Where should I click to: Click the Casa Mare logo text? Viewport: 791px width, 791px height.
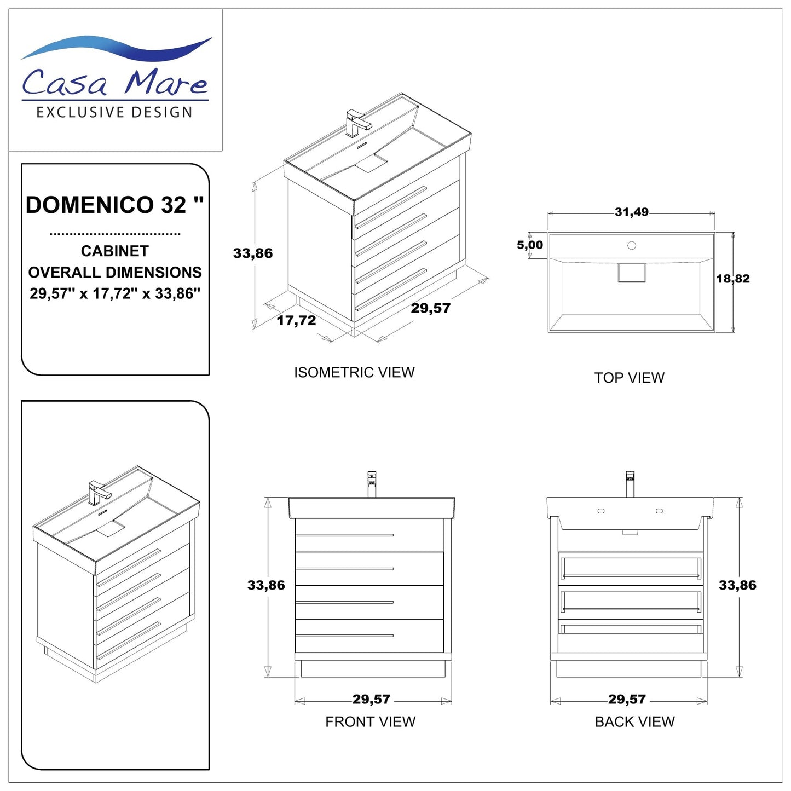[x=115, y=82]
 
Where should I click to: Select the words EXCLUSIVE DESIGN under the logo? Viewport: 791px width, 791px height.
[x=114, y=113]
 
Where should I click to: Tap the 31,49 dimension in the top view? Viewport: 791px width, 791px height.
[x=631, y=212]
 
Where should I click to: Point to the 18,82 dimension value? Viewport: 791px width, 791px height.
[x=733, y=279]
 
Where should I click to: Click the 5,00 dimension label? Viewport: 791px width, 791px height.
[x=529, y=245]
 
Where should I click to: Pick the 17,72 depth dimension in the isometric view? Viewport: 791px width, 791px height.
[x=296, y=320]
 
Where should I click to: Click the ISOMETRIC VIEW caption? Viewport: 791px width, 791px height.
[x=354, y=372]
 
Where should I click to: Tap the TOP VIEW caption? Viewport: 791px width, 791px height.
[x=629, y=378]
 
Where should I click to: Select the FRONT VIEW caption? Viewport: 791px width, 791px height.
[x=370, y=721]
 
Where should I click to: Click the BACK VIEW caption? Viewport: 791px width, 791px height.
[x=634, y=721]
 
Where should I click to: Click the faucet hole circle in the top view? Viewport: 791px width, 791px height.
[x=631, y=246]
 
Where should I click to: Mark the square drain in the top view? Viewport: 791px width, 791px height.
[x=631, y=273]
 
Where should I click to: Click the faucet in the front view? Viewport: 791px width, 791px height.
[x=372, y=483]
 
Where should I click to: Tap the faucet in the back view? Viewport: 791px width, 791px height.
[x=630, y=483]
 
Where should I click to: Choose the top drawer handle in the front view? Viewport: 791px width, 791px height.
[x=344, y=535]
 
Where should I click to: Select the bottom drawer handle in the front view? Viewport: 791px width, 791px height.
[x=344, y=636]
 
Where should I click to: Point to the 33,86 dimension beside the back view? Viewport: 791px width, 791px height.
[x=737, y=585]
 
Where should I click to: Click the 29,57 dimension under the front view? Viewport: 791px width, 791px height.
[x=371, y=699]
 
